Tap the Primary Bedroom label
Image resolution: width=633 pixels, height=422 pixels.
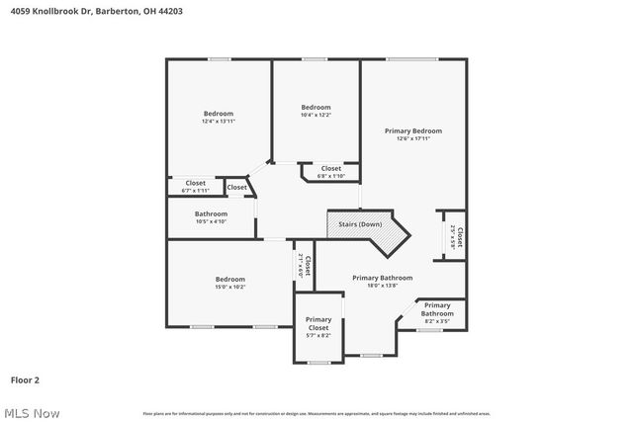coord(412,130)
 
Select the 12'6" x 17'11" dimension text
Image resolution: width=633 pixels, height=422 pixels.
coord(412,139)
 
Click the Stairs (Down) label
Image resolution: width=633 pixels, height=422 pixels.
coord(360,224)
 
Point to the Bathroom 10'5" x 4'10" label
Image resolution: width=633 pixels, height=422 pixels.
coord(211,217)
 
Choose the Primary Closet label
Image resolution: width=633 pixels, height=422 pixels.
coord(318,323)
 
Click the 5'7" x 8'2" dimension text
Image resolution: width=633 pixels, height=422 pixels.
coord(318,336)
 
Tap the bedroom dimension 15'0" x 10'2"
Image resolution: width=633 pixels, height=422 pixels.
coord(230,288)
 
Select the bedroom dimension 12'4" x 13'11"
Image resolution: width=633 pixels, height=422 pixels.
coord(218,122)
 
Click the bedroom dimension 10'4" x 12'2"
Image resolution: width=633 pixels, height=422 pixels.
coord(316,116)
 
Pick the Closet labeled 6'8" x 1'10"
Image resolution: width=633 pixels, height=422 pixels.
coord(330,172)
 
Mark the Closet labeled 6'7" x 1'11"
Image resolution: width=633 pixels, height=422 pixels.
coord(196,186)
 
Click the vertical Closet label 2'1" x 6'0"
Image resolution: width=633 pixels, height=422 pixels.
coord(305,266)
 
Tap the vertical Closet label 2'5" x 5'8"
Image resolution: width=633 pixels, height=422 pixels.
coord(456,237)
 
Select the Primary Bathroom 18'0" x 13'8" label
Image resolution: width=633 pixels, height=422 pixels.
coord(382,282)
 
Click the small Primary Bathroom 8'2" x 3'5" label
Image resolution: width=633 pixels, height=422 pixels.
coord(437,313)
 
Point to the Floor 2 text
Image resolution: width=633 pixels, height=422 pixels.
coord(25,379)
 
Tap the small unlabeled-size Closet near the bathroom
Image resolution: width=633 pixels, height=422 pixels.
coord(237,187)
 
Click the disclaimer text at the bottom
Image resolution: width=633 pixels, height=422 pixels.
coord(316,413)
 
